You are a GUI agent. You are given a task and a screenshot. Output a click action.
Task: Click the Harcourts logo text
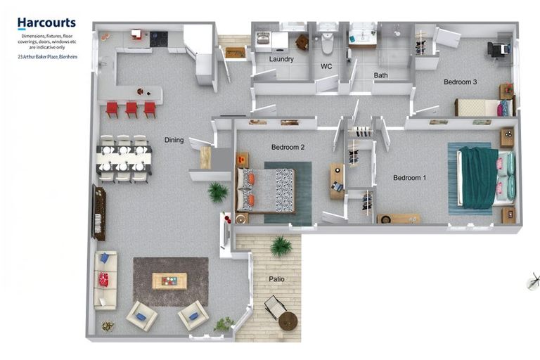[x=46, y=22]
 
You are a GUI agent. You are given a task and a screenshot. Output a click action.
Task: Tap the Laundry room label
[x=281, y=59]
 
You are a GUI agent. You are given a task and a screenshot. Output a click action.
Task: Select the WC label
[x=326, y=67]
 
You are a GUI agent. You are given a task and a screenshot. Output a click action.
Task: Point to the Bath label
[x=380, y=75]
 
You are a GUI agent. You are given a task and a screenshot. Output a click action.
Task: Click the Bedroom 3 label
[x=460, y=82]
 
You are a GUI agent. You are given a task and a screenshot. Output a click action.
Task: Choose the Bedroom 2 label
[x=288, y=148]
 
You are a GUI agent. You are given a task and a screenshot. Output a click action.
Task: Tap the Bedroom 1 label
[x=409, y=178]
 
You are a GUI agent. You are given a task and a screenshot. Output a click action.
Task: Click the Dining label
[x=174, y=140]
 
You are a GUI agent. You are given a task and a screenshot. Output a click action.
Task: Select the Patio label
[x=277, y=279]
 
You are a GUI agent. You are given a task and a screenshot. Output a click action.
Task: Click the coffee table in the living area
[x=169, y=281]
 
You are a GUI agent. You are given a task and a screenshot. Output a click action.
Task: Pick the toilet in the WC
[x=328, y=44]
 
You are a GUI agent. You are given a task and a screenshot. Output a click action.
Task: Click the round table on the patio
[x=288, y=321]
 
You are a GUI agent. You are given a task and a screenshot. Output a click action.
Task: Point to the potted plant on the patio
[x=281, y=245]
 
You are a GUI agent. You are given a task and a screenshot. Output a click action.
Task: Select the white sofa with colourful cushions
[x=105, y=280]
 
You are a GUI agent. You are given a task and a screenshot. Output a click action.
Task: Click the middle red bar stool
[x=131, y=108]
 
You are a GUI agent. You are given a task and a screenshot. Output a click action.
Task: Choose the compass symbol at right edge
[x=532, y=283]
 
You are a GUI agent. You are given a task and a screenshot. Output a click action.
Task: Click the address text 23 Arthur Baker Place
[x=48, y=56]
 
